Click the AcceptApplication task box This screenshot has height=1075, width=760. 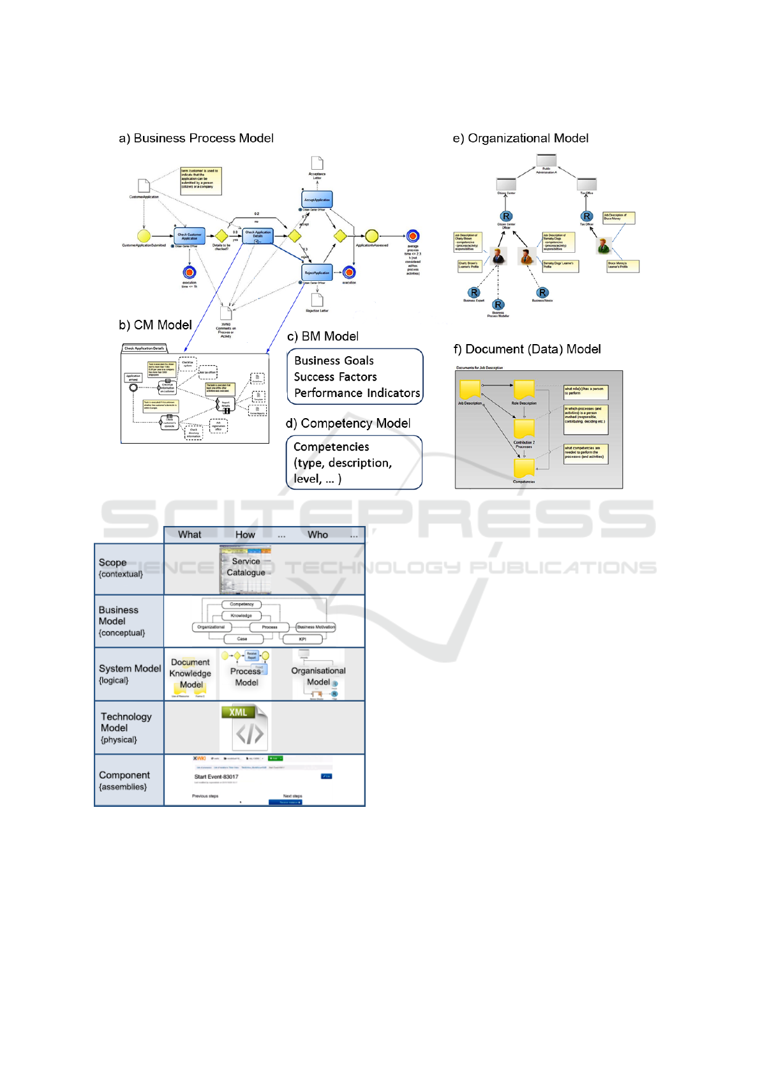pyautogui.click(x=317, y=200)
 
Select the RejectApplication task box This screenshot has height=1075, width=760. pyautogui.click(x=317, y=273)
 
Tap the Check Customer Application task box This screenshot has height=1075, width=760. pyautogui.click(x=190, y=236)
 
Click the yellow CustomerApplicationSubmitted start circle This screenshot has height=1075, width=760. pyautogui.click(x=144, y=237)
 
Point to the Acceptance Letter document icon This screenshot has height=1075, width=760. pyautogui.click(x=317, y=163)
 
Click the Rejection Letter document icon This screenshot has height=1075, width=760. pyautogui.click(x=317, y=299)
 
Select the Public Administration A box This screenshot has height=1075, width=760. pyautogui.click(x=546, y=161)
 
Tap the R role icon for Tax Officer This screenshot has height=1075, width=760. pyautogui.click(x=587, y=216)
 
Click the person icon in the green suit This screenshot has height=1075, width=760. pyautogui.click(x=603, y=245)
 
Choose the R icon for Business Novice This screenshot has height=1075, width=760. pyautogui.click(x=542, y=292)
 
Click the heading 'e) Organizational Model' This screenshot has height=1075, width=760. pyautogui.click(x=520, y=139)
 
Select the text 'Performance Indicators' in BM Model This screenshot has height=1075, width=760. pyautogui.click(x=357, y=393)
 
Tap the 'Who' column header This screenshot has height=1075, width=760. pyautogui.click(x=318, y=535)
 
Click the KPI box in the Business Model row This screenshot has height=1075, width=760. pyautogui.click(x=302, y=639)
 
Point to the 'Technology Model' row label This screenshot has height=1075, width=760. pyautogui.click(x=126, y=723)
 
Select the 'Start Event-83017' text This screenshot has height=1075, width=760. pyautogui.click(x=216, y=777)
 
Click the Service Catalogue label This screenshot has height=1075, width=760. pyautogui.click(x=246, y=567)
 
